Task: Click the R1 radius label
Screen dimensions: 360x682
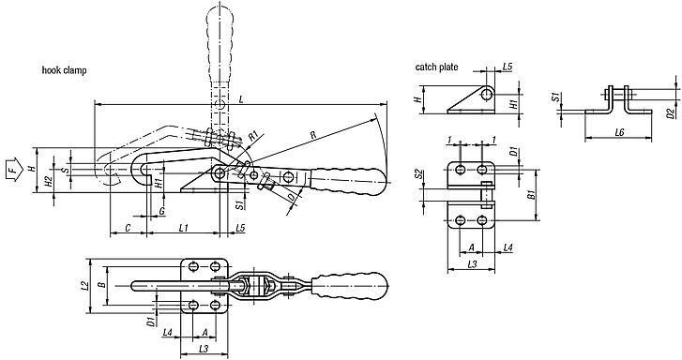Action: tap(253, 135)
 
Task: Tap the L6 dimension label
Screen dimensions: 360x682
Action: tap(619, 133)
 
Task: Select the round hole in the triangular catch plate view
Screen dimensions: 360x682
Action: tap(487, 95)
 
